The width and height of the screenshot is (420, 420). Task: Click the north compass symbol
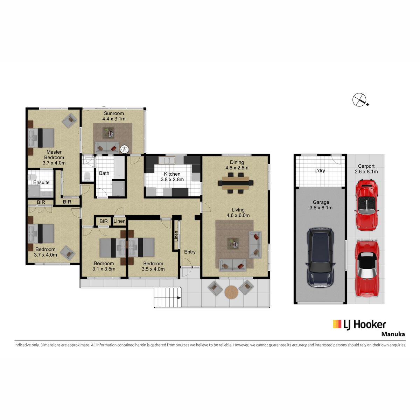pos(360,100)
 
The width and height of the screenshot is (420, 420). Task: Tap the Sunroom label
pos(114,113)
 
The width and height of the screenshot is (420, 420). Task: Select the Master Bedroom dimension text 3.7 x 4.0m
pos(54,163)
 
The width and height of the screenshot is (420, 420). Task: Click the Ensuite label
pos(41,182)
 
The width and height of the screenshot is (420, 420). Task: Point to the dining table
pos(236,183)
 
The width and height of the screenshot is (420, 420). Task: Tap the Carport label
pos(366,166)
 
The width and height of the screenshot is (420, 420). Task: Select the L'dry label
pos(320,171)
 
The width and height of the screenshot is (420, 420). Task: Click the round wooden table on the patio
pos(231,292)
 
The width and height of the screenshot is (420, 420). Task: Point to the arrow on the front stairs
pos(179,298)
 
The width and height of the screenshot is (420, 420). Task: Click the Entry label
pos(190,252)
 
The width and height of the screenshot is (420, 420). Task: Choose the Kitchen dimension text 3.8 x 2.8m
pos(172,180)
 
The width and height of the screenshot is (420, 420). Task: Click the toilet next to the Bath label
pos(87,176)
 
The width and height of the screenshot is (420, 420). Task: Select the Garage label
pos(321,202)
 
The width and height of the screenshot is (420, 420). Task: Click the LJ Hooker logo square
pos(337,324)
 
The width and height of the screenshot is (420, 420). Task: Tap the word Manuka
pos(393,334)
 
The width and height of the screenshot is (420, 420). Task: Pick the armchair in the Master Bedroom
pos(70,120)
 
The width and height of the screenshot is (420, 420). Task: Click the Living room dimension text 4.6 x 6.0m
pos(238,215)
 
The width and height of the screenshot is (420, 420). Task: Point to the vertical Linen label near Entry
pos(176,236)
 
